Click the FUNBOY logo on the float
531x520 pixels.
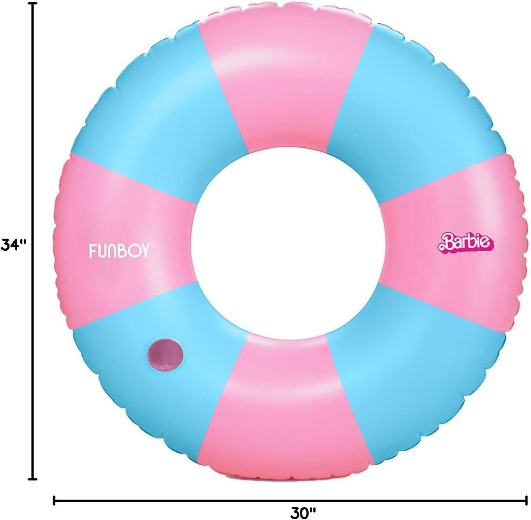coord(119,251)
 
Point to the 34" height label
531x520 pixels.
coord(14,245)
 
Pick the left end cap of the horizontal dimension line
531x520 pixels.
coord(54,500)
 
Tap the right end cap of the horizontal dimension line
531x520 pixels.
coord(527,500)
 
